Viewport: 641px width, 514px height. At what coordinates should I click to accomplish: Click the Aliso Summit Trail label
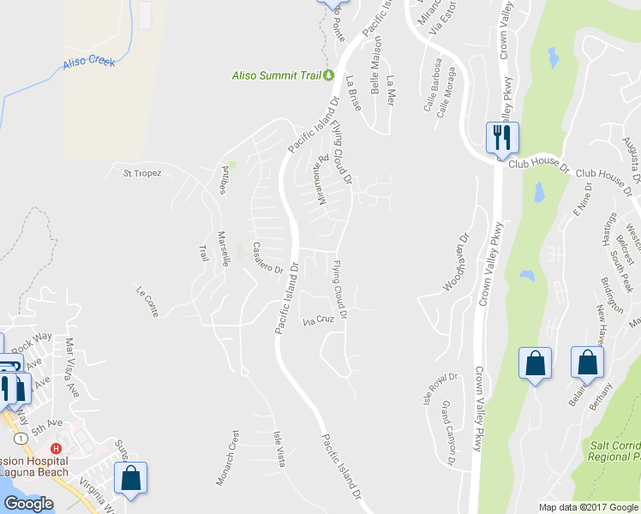click(x=276, y=75)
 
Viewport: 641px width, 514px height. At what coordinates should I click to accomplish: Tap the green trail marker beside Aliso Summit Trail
click(x=328, y=75)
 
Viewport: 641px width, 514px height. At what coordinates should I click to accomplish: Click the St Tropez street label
click(x=142, y=173)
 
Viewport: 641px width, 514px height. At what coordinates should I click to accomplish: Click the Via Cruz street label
click(x=319, y=320)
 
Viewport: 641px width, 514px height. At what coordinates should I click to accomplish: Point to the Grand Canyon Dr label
click(x=447, y=433)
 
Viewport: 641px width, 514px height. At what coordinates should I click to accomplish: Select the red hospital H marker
click(x=56, y=448)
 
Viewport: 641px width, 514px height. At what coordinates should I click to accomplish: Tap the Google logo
click(x=28, y=504)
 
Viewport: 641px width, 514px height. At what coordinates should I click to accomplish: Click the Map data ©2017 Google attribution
click(x=589, y=507)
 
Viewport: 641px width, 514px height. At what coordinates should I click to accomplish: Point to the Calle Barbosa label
click(x=432, y=85)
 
